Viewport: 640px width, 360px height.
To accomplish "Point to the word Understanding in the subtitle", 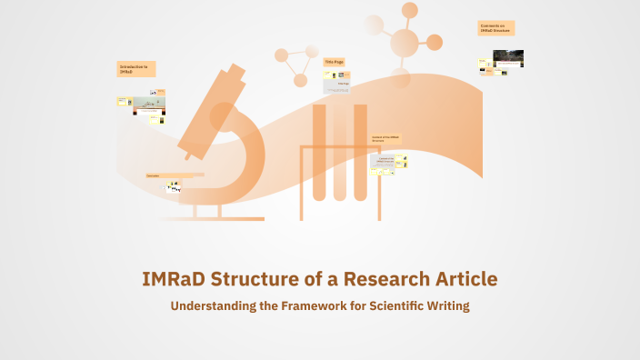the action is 213,306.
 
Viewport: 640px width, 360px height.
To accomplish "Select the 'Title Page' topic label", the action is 335,62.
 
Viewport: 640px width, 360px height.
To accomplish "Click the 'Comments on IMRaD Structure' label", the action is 496,28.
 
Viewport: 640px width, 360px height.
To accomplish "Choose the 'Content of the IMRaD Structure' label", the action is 385,140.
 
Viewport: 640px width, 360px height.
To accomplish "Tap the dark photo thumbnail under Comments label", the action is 508,58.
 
